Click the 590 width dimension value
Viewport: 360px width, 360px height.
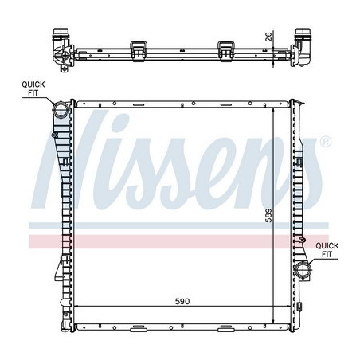[182, 301]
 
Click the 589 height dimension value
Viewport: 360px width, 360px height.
[268, 215]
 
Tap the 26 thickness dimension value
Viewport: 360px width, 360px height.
[268, 37]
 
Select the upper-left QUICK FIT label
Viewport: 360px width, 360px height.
[33, 88]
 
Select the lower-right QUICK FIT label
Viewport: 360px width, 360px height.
[327, 250]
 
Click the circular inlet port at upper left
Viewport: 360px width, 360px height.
[61, 110]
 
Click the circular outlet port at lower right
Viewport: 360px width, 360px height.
[303, 270]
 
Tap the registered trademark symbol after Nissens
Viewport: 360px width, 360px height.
[326, 142]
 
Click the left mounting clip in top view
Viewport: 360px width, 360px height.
[139, 51]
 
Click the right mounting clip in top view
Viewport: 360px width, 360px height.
[225, 51]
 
